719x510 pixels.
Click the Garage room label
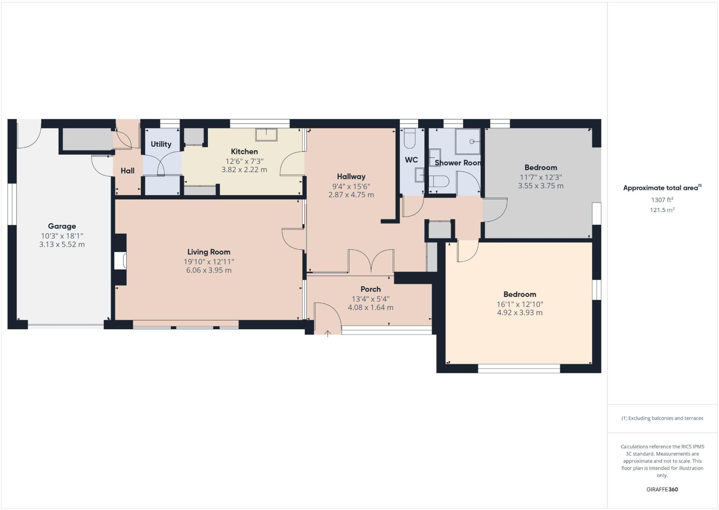(62, 226)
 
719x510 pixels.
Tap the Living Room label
(209, 252)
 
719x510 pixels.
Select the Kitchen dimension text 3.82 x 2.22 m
(244, 170)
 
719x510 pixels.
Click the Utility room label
(161, 144)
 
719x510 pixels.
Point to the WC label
(411, 160)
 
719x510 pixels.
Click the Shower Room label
(457, 163)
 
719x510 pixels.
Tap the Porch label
(370, 289)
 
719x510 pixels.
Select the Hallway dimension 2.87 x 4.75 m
(351, 195)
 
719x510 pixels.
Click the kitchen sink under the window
(266, 134)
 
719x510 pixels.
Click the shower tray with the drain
(468, 141)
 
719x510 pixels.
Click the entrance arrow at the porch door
(328, 333)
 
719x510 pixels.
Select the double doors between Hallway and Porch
(371, 261)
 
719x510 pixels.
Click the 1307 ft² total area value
(662, 200)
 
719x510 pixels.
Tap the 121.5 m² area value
(662, 210)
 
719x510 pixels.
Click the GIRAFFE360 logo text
(662, 489)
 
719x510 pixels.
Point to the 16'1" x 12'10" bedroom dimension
(520, 304)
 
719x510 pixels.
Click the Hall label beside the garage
(127, 171)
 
